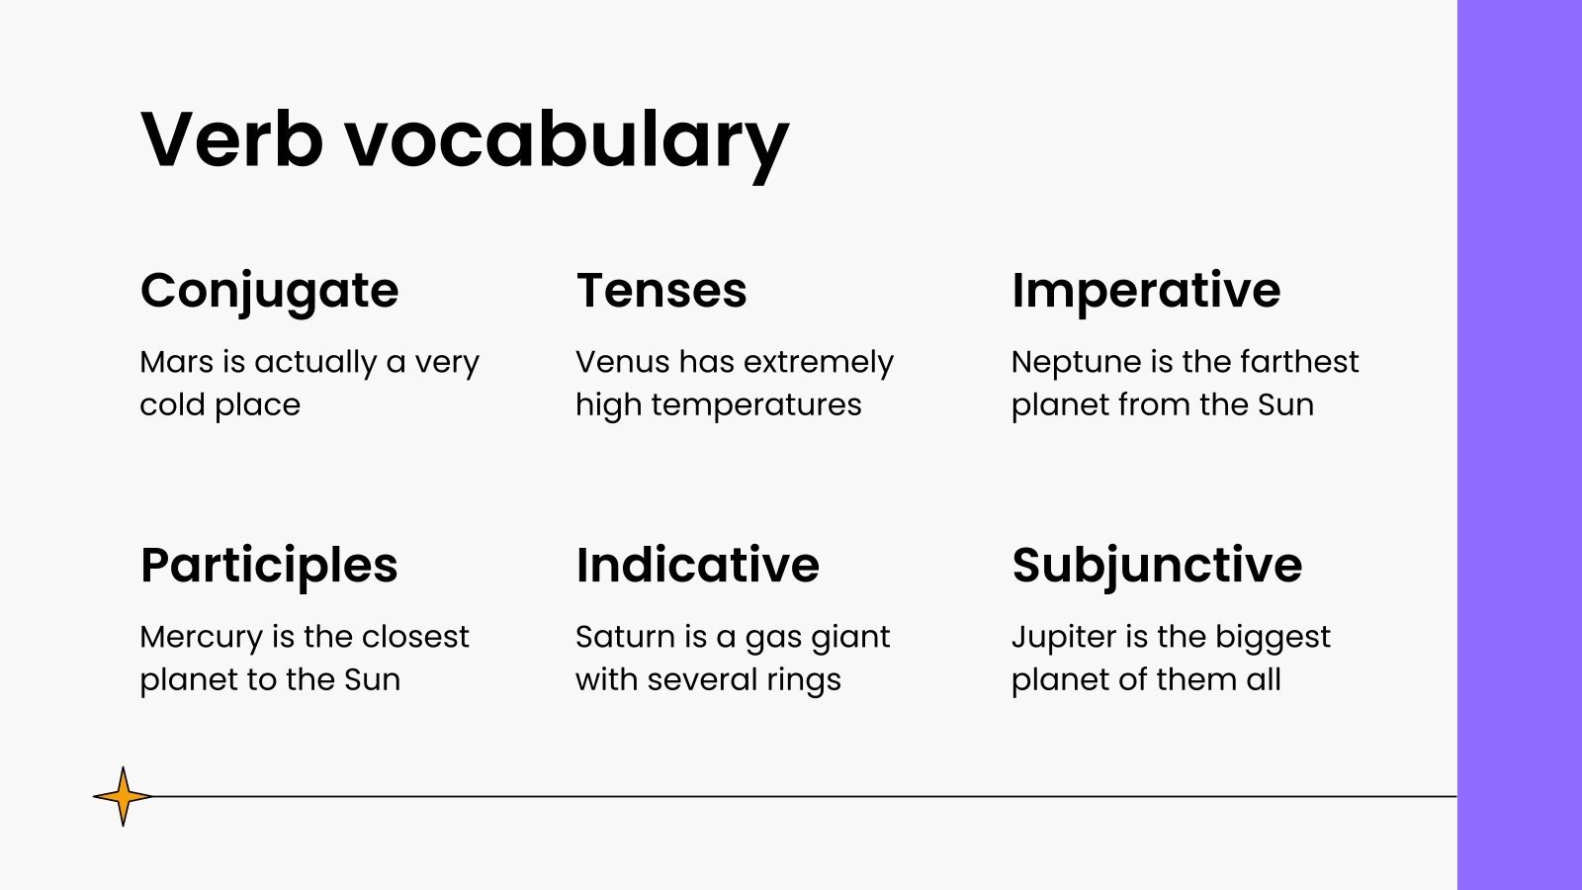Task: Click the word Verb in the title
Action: pos(232,139)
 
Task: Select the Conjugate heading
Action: pos(269,291)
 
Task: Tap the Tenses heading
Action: pos(661,291)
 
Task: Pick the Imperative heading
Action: pos(1146,291)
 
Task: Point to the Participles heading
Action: pos(269,566)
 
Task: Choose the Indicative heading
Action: pos(698,566)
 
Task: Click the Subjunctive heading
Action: pos(1157,566)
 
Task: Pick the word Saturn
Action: pos(620,637)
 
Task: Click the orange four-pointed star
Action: pos(123,796)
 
